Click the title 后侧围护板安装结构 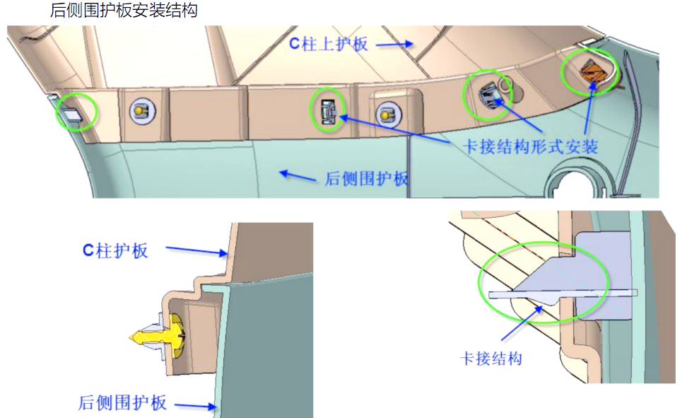124,11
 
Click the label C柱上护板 329,44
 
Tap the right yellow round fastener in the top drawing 386,112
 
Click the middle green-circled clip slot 327,111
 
